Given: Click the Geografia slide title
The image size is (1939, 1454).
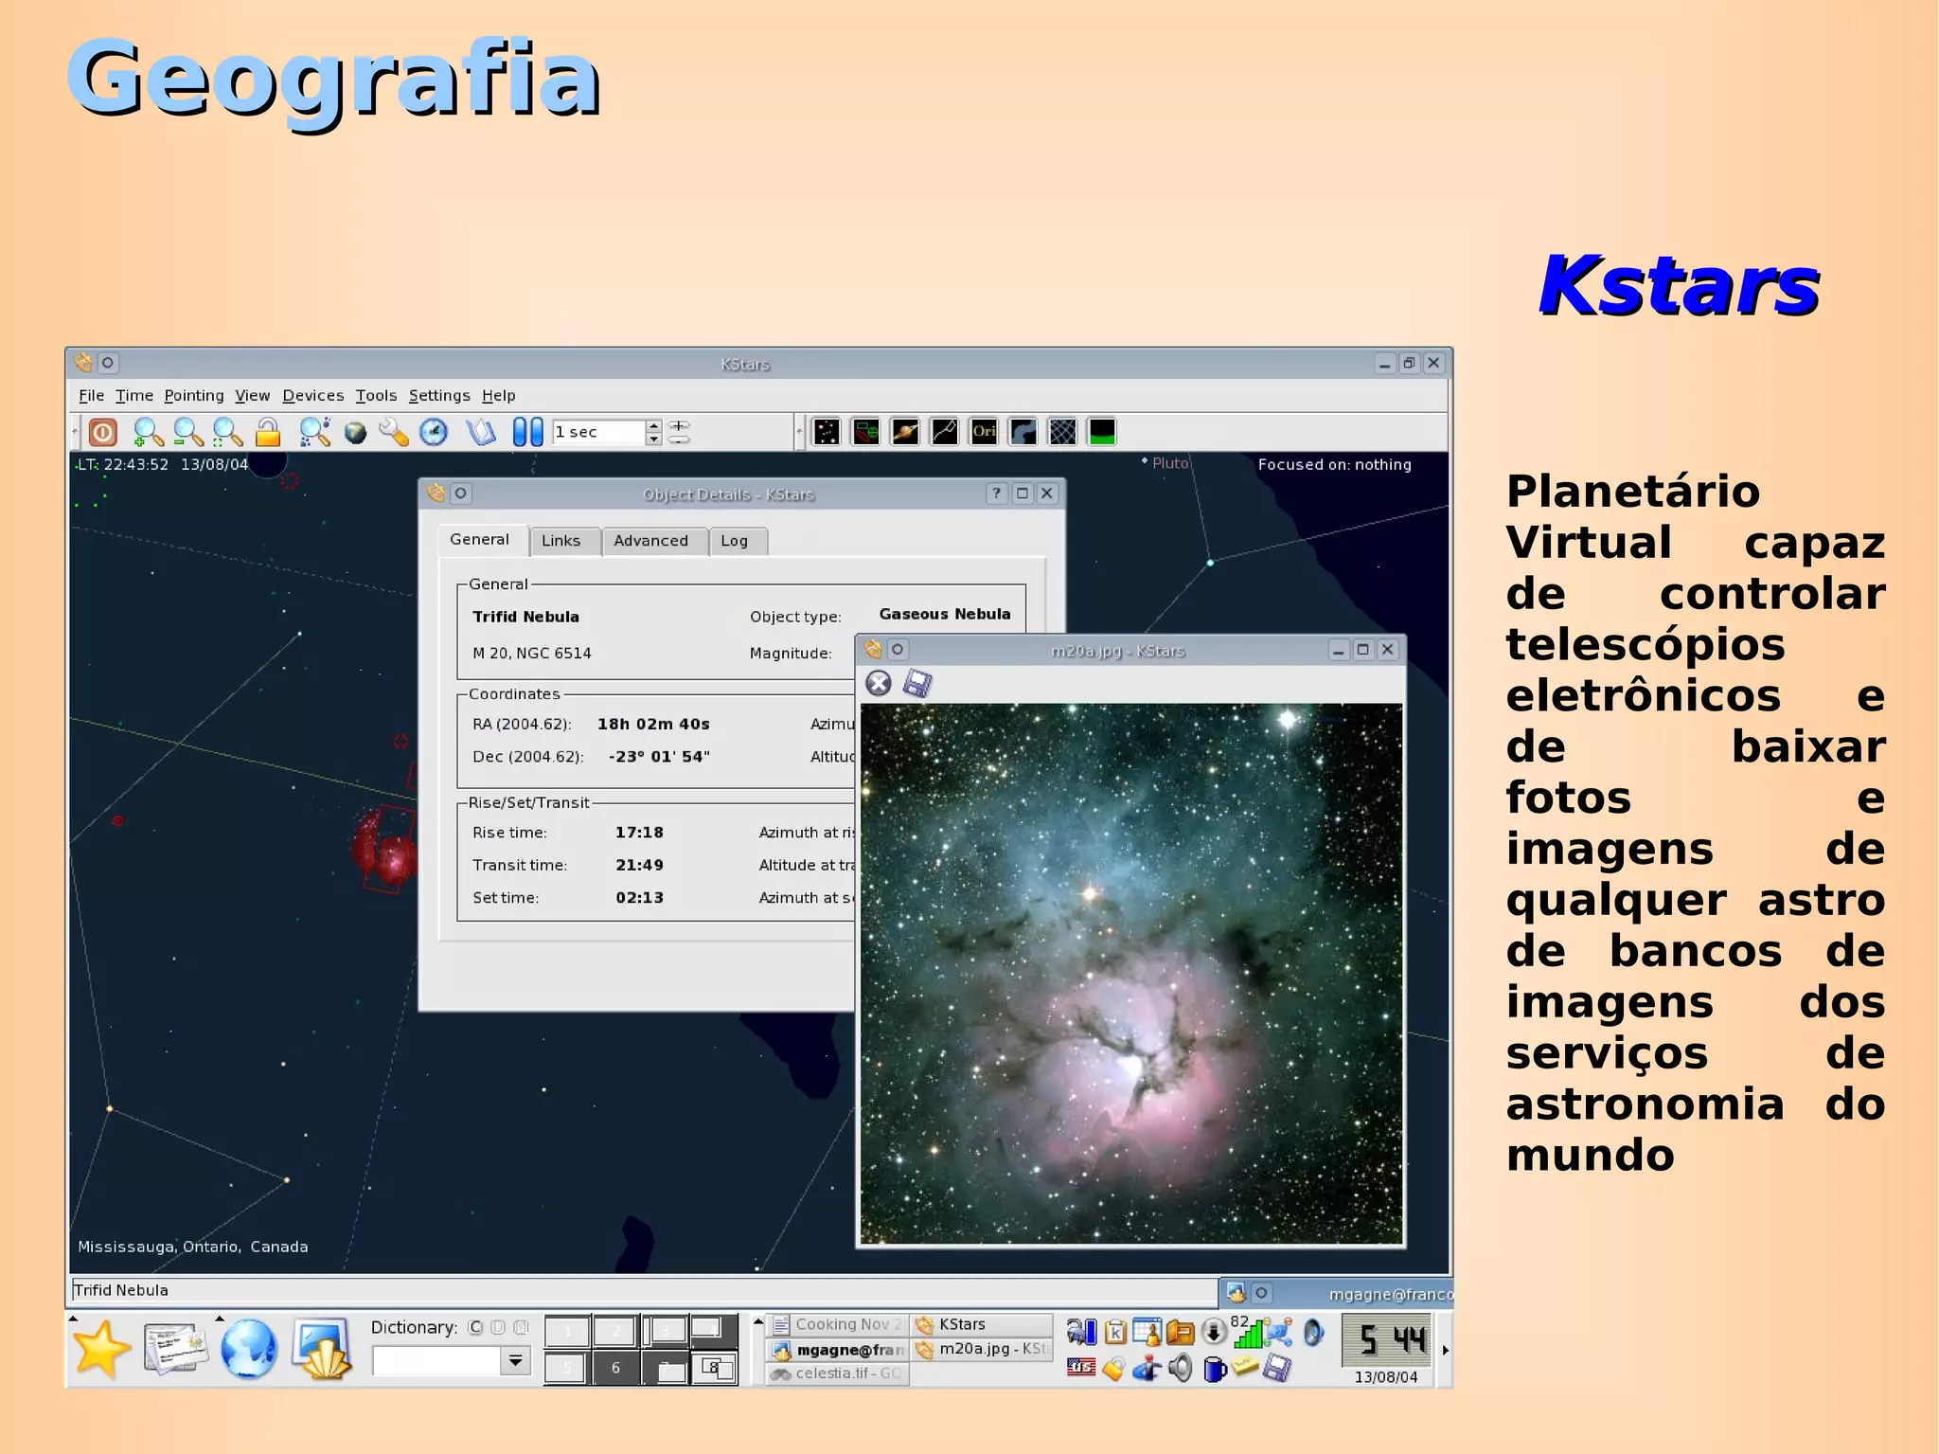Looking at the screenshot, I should pos(333,80).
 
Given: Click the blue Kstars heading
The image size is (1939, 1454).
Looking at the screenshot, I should pos(1679,285).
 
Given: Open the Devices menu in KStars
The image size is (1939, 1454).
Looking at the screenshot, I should pos(312,396).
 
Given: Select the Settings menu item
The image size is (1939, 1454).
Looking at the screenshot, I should pos(438,396).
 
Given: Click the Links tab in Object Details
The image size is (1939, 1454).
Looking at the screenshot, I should pos(560,541).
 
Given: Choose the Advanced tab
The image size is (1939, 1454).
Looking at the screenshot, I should pos(650,541).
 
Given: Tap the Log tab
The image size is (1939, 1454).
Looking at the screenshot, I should pos(734,541).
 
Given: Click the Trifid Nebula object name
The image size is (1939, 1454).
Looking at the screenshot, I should pos(525,617).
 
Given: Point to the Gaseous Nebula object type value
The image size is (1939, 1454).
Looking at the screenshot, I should pos(944,614).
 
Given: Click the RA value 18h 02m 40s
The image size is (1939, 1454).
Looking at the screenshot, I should pos(653,725).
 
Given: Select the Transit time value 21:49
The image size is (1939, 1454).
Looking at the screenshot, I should pos(639,866).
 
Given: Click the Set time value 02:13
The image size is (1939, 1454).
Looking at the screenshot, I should pos(639,898).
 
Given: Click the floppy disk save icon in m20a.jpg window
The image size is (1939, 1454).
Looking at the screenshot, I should pos(916,683).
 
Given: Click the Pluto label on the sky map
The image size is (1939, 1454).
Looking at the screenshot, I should pos(1169,463).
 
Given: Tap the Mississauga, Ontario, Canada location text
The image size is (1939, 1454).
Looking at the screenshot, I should pos(192,1247).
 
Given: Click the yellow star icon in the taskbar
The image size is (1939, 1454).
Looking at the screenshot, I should pos(100,1349).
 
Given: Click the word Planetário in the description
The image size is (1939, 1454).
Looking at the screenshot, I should pos(1632,492).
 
